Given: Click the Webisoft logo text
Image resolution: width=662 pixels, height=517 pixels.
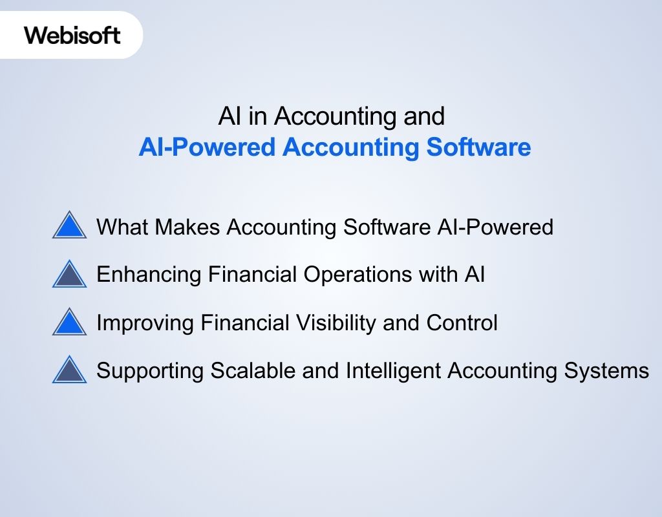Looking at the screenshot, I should [x=72, y=34].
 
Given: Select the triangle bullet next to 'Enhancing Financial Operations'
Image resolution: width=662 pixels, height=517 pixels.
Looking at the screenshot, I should [x=69, y=275].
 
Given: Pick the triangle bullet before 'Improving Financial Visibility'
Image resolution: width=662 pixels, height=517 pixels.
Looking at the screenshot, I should [x=69, y=322].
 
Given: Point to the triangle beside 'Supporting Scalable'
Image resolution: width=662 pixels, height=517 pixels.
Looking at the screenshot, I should [x=69, y=370].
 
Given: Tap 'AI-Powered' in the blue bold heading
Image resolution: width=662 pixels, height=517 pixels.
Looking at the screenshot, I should [x=208, y=147].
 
